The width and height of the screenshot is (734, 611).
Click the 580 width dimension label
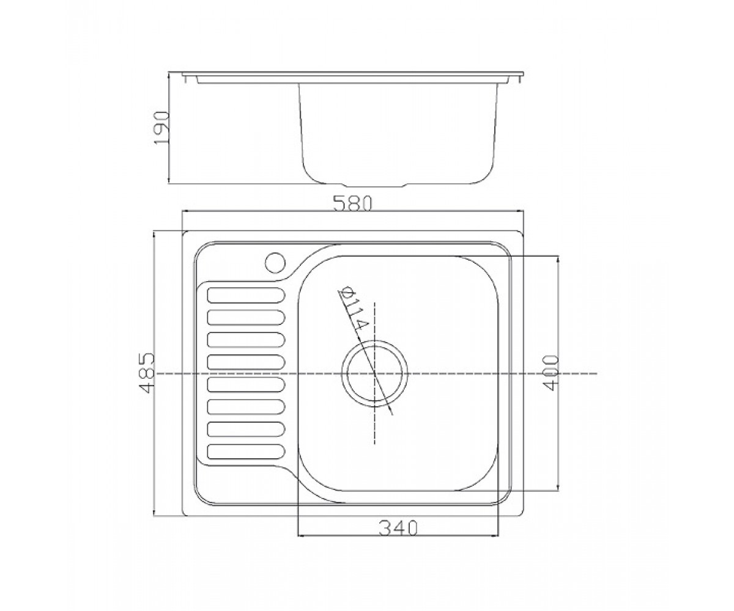[352, 203]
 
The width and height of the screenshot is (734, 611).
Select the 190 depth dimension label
[161, 128]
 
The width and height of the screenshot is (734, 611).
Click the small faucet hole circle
[275, 263]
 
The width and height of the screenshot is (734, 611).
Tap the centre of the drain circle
[375, 373]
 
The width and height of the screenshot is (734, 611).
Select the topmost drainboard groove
[246, 295]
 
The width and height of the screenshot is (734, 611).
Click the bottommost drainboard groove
[246, 452]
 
